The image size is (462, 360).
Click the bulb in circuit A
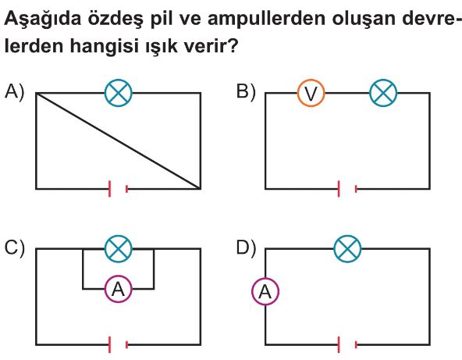(119, 93)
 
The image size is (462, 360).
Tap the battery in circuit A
(119, 189)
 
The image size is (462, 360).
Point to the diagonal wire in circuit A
(119, 141)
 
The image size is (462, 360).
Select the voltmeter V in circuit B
(311, 93)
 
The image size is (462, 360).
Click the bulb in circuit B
(383, 93)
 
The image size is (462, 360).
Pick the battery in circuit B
(348, 189)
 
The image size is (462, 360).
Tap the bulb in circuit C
(119, 249)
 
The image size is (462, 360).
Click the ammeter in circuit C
(119, 289)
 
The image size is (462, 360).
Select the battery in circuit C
(119, 344)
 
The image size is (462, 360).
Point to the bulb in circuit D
(348, 249)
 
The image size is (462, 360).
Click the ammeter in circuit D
(265, 291)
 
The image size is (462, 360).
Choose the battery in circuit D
(348, 344)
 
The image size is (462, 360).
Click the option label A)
(14, 91)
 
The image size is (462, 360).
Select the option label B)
(246, 91)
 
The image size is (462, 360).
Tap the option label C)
(14, 248)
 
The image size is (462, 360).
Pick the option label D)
(247, 248)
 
